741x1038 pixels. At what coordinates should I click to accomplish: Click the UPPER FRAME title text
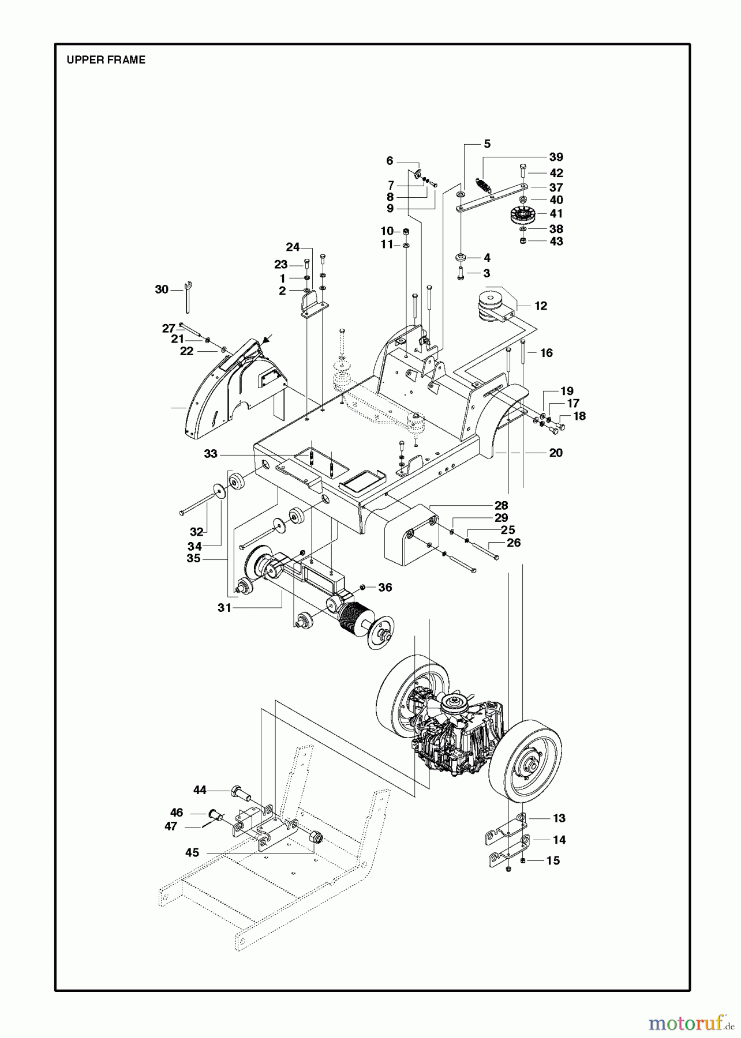point(106,60)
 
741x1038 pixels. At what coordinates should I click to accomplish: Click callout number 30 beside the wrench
point(162,289)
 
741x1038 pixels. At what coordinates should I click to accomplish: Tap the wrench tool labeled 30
point(188,296)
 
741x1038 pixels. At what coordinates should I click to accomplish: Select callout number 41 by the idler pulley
point(556,214)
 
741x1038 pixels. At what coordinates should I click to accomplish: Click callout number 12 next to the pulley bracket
point(541,306)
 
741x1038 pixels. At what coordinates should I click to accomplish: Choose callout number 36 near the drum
point(385,588)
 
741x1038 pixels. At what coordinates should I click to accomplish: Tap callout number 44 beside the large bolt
point(200,790)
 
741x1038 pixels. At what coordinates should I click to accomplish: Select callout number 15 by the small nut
point(553,860)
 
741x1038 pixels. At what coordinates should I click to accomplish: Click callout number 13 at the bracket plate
point(559,818)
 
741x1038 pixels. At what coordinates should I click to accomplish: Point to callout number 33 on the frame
point(211,454)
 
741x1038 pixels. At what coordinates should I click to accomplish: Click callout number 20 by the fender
point(556,453)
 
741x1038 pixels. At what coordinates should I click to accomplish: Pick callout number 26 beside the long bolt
point(514,543)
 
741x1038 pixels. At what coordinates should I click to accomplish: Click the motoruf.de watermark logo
point(687,1024)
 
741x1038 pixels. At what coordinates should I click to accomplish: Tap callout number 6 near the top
point(390,161)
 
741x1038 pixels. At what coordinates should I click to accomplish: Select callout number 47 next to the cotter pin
point(171,826)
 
